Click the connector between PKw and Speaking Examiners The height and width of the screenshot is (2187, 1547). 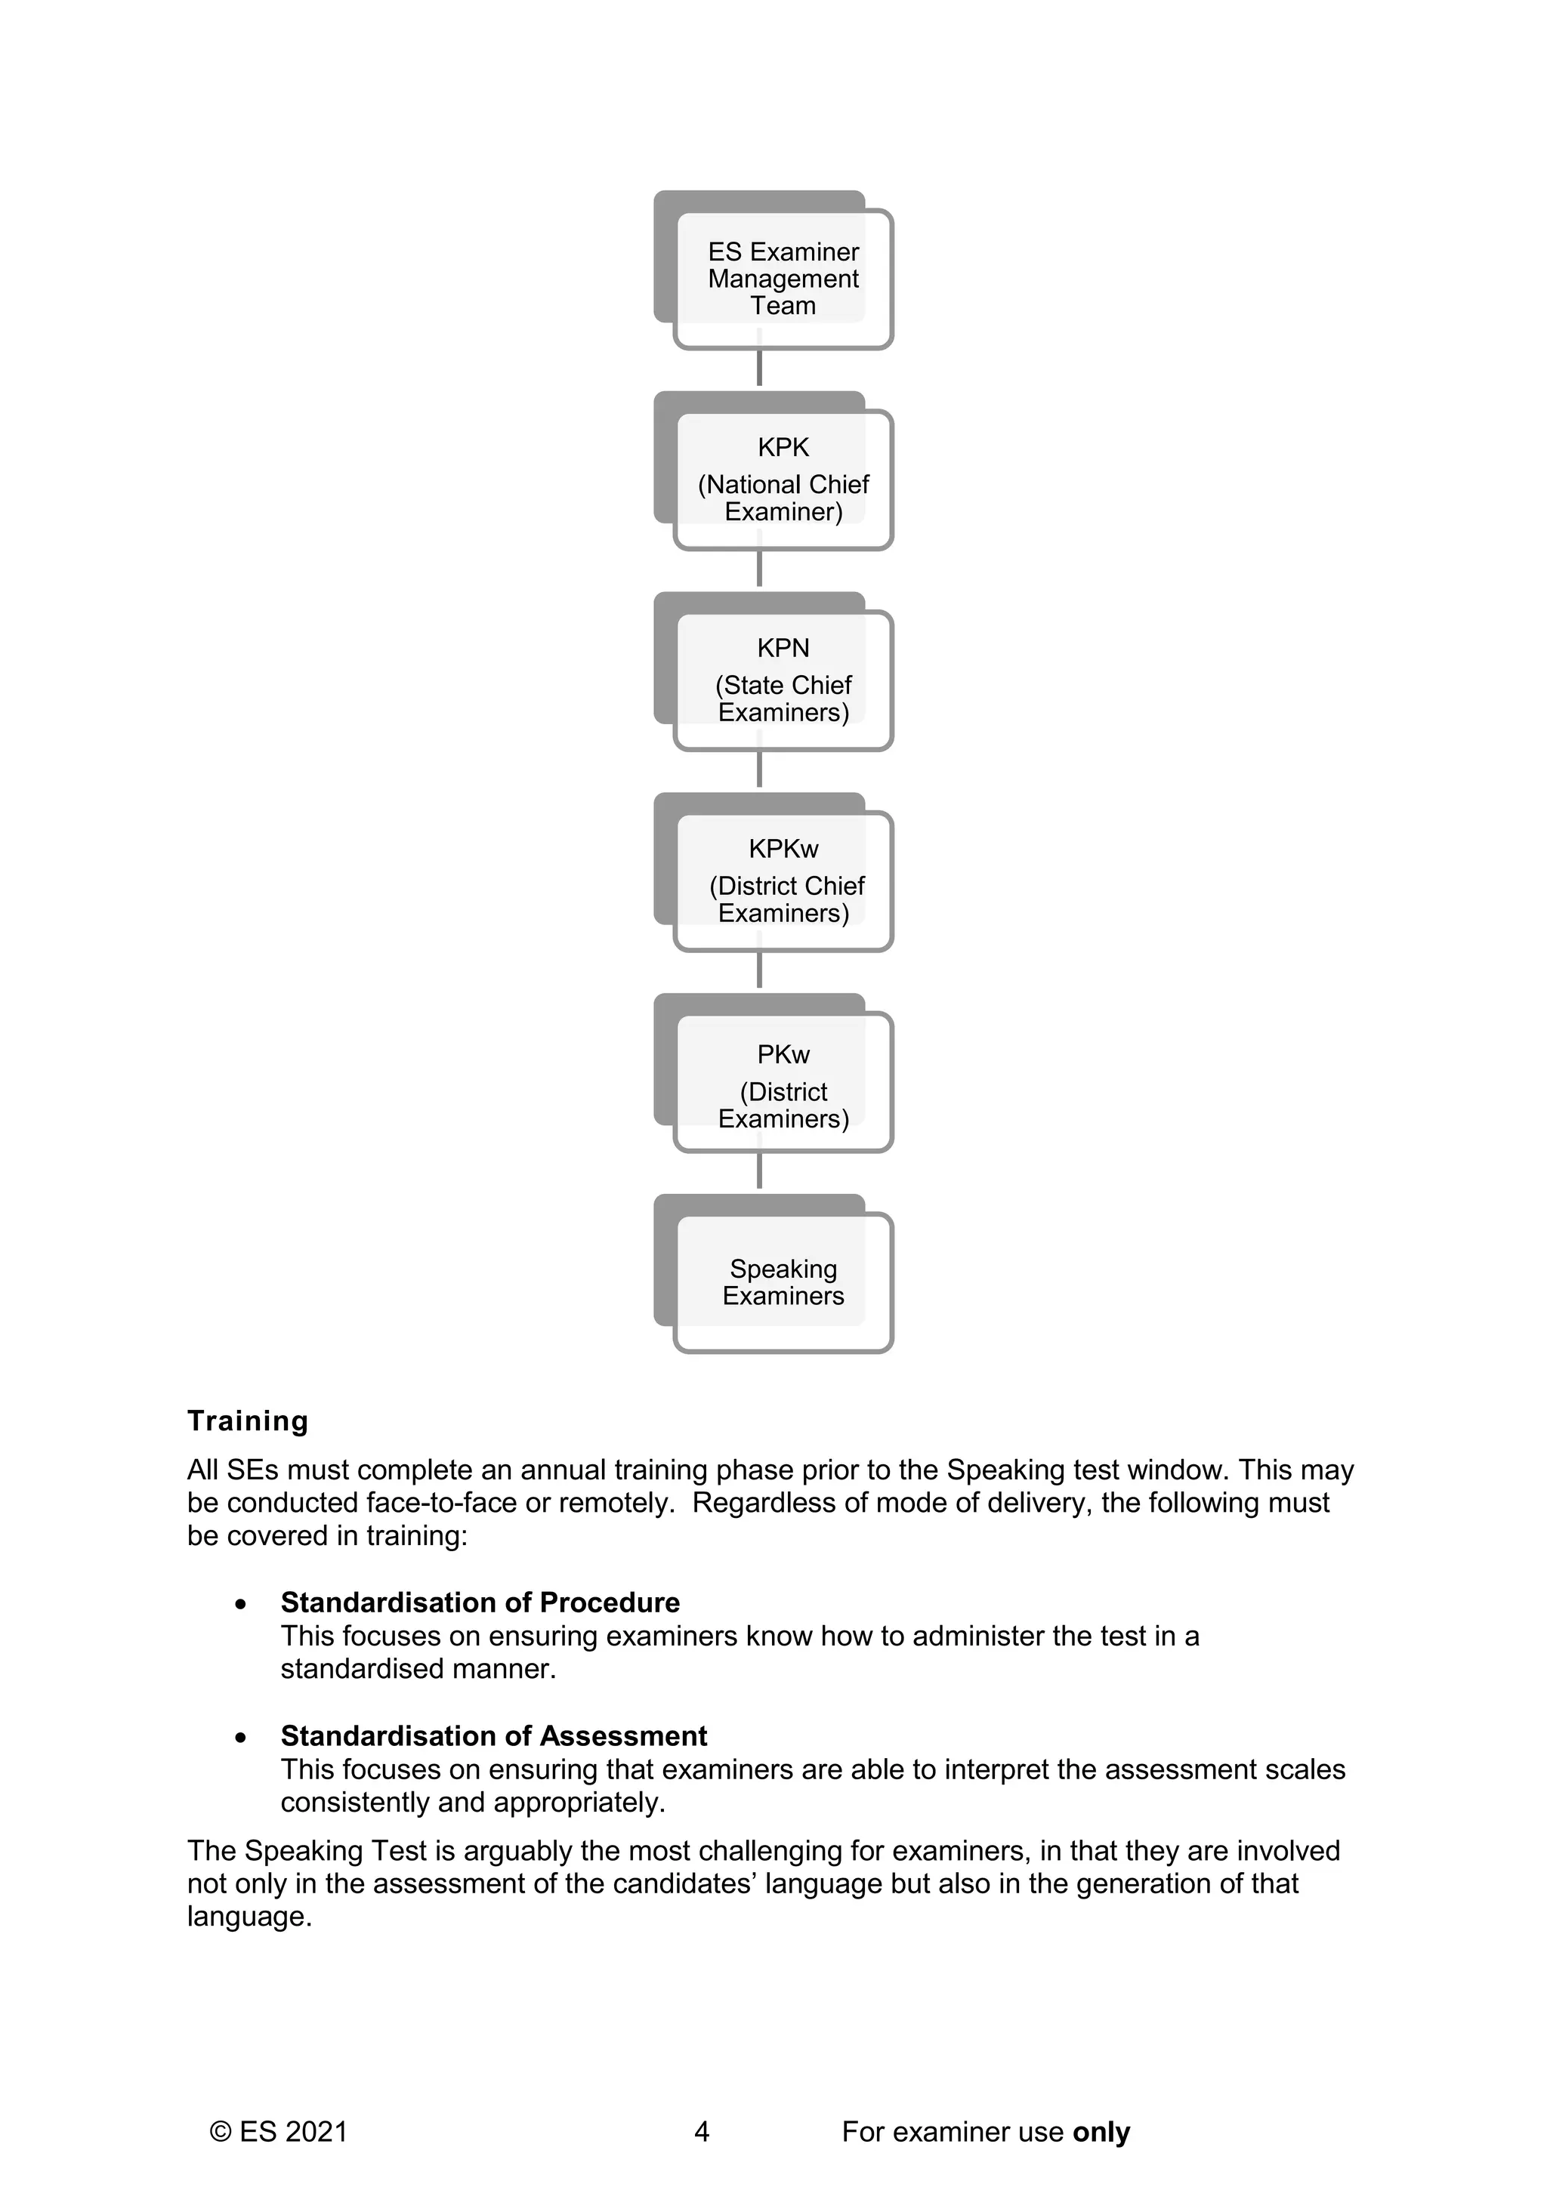coord(759,1171)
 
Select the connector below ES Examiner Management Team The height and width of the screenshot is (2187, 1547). coord(759,368)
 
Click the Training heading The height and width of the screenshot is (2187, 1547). coord(248,1420)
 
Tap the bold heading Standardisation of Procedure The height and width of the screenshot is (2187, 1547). coord(480,1602)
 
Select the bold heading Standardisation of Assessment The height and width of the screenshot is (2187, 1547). coord(493,1735)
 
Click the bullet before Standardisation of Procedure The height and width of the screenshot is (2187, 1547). coord(241,1605)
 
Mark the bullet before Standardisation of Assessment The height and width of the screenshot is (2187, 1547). coord(241,1738)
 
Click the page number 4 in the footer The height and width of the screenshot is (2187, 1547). coord(702,2132)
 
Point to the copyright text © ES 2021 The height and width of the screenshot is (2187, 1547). coord(279,2132)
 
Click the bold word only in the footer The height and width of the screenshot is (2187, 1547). coord(1101,2132)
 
